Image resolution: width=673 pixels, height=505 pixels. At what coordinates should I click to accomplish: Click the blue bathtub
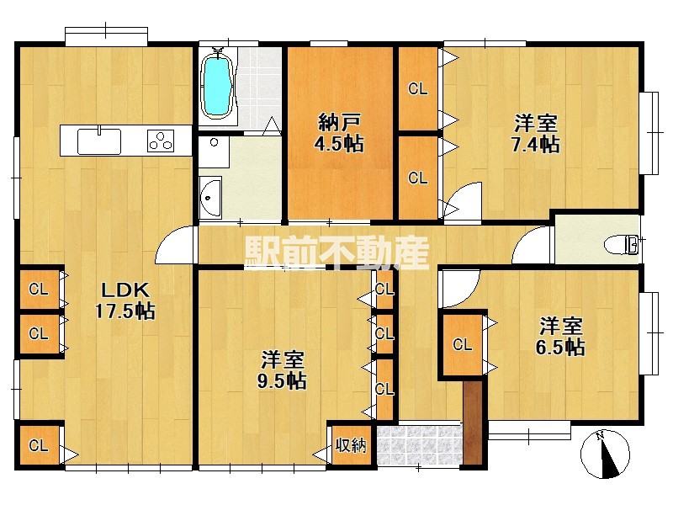coord(218,83)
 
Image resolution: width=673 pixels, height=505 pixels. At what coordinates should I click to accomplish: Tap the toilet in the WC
coord(622,246)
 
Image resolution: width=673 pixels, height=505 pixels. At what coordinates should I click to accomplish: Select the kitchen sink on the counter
coord(98,141)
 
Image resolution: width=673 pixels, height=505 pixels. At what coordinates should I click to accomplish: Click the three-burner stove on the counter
coord(161,141)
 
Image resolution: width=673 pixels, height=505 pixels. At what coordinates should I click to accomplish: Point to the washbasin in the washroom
coord(210,198)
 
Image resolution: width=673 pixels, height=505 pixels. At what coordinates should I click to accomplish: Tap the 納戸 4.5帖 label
coord(339,133)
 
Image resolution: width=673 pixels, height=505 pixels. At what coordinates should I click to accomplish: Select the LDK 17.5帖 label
coord(125,300)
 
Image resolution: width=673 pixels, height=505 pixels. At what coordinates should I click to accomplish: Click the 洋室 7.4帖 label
coord(536,134)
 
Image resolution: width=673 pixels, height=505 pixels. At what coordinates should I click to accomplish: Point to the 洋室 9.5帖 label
coord(282,369)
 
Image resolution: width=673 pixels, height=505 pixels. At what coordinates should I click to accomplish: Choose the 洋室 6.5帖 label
coord(560,336)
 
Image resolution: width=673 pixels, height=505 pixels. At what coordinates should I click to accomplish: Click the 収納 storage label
coord(351,446)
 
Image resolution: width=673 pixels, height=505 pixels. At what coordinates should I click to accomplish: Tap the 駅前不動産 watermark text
coord(337,253)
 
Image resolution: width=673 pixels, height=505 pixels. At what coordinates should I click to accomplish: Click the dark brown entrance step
coord(473,423)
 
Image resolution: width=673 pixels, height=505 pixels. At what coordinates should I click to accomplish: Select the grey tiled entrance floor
coord(420,444)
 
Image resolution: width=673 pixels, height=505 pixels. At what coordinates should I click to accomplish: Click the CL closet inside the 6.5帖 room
coord(462,345)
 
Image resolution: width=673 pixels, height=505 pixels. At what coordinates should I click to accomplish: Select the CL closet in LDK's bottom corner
coord(40,445)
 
